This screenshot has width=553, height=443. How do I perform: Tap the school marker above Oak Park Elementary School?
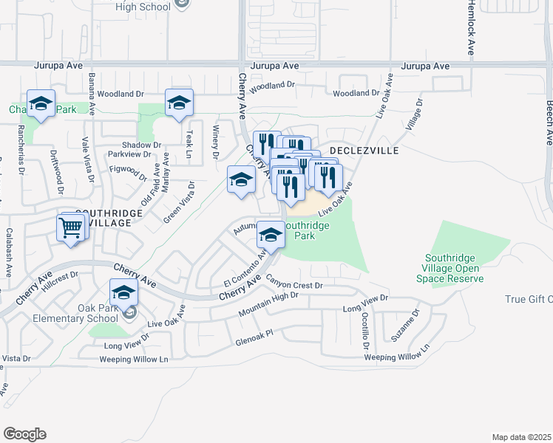[124, 292]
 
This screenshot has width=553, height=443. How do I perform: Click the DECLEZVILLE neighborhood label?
[364, 150]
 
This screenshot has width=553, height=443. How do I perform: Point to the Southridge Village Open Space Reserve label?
[454, 268]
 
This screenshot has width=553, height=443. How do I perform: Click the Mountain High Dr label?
[268, 304]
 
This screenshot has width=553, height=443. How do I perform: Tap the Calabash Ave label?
[10, 252]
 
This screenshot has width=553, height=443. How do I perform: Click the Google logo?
[24, 433]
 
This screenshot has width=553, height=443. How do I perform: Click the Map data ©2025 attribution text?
[521, 437]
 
